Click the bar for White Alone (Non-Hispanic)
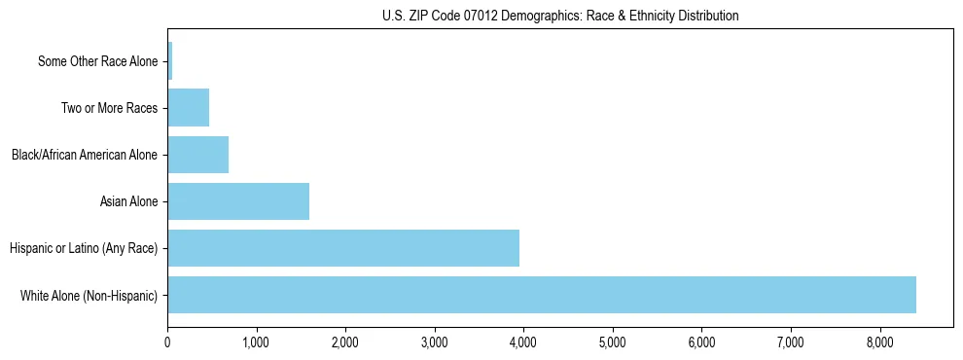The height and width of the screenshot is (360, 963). [x=541, y=295]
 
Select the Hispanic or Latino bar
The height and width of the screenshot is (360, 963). [x=343, y=248]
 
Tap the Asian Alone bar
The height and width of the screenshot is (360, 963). [x=238, y=201]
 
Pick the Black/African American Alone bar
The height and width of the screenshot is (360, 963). [x=197, y=155]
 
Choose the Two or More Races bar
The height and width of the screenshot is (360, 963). [x=188, y=108]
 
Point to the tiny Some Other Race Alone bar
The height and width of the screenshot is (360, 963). [x=170, y=61]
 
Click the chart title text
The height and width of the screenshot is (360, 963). [x=560, y=16]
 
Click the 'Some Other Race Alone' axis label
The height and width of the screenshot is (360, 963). [x=97, y=61]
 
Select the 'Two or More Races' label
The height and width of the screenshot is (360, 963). [x=109, y=108]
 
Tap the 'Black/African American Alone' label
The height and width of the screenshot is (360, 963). [x=84, y=155]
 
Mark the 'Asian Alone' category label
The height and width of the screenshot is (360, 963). [x=128, y=201]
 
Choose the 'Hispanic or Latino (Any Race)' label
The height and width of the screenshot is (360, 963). [x=84, y=248]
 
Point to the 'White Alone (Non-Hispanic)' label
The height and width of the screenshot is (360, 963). [x=89, y=295]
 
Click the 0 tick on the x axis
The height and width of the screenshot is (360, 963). [x=167, y=342]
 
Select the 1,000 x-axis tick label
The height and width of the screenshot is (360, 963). [x=256, y=342]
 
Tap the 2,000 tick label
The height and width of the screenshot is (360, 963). [x=345, y=342]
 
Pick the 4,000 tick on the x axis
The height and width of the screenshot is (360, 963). [x=523, y=342]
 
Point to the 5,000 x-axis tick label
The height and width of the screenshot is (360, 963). [x=613, y=342]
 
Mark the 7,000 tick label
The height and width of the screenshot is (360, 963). [x=791, y=342]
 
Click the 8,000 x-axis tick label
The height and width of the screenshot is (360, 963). [x=879, y=342]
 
